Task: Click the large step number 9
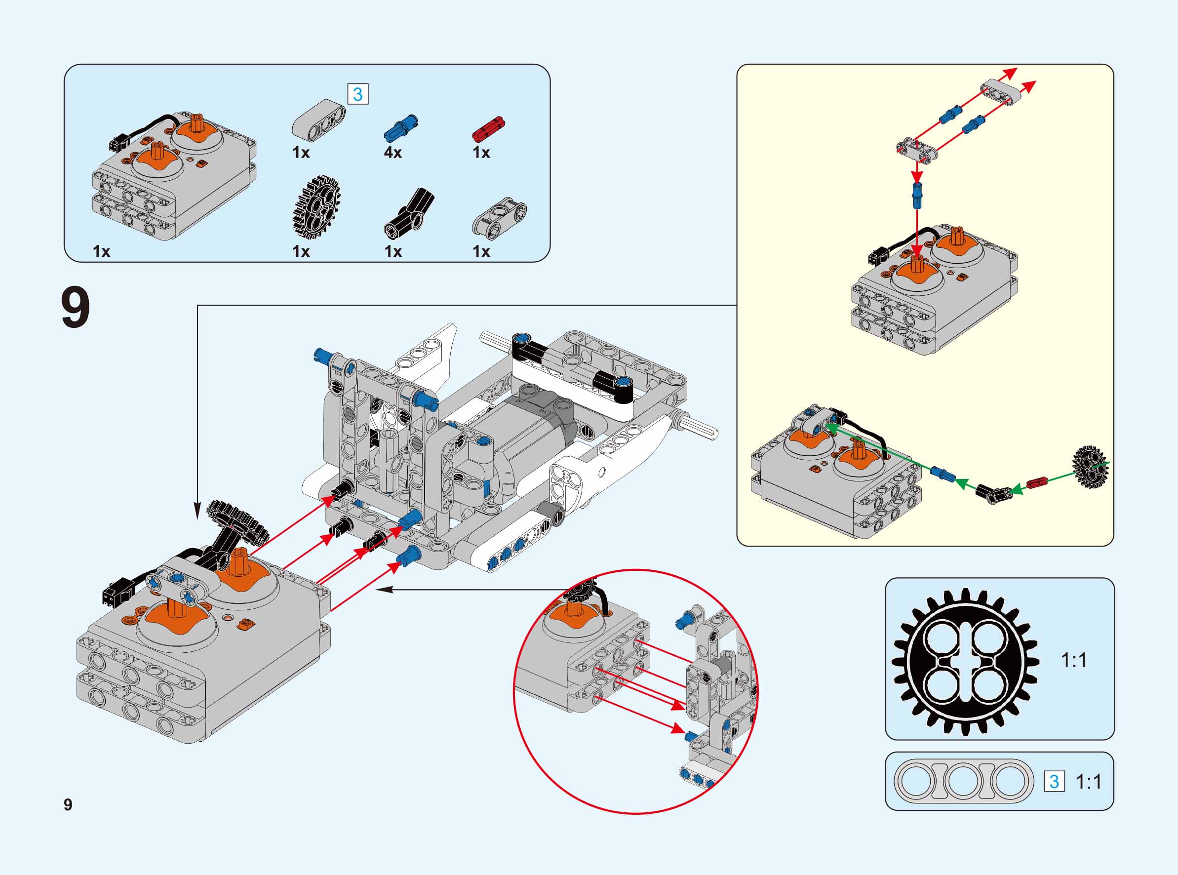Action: pyautogui.click(x=75, y=308)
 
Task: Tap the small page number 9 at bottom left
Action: pyautogui.click(x=68, y=804)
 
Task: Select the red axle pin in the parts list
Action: pyautogui.click(x=488, y=129)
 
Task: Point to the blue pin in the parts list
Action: pyautogui.click(x=401, y=129)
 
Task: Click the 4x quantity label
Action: pyautogui.click(x=393, y=153)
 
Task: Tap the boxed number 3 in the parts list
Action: pyautogui.click(x=357, y=94)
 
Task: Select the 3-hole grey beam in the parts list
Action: pyautogui.click(x=318, y=119)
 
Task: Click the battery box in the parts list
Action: pyautogui.click(x=175, y=175)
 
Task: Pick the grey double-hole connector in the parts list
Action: pyautogui.click(x=499, y=216)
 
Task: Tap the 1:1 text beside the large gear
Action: pyautogui.click(x=1074, y=660)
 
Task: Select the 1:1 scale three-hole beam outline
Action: pyautogui.click(x=964, y=781)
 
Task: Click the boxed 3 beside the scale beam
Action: pyautogui.click(x=1054, y=781)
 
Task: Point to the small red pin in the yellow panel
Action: pyautogui.click(x=1037, y=482)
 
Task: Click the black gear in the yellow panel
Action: pyautogui.click(x=1091, y=466)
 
